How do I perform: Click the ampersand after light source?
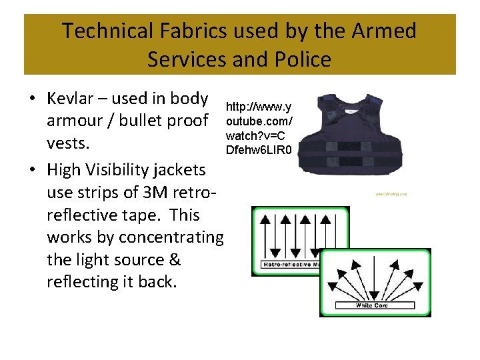(173, 260)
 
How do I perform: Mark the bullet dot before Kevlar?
(32, 99)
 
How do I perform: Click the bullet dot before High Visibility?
(32, 171)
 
